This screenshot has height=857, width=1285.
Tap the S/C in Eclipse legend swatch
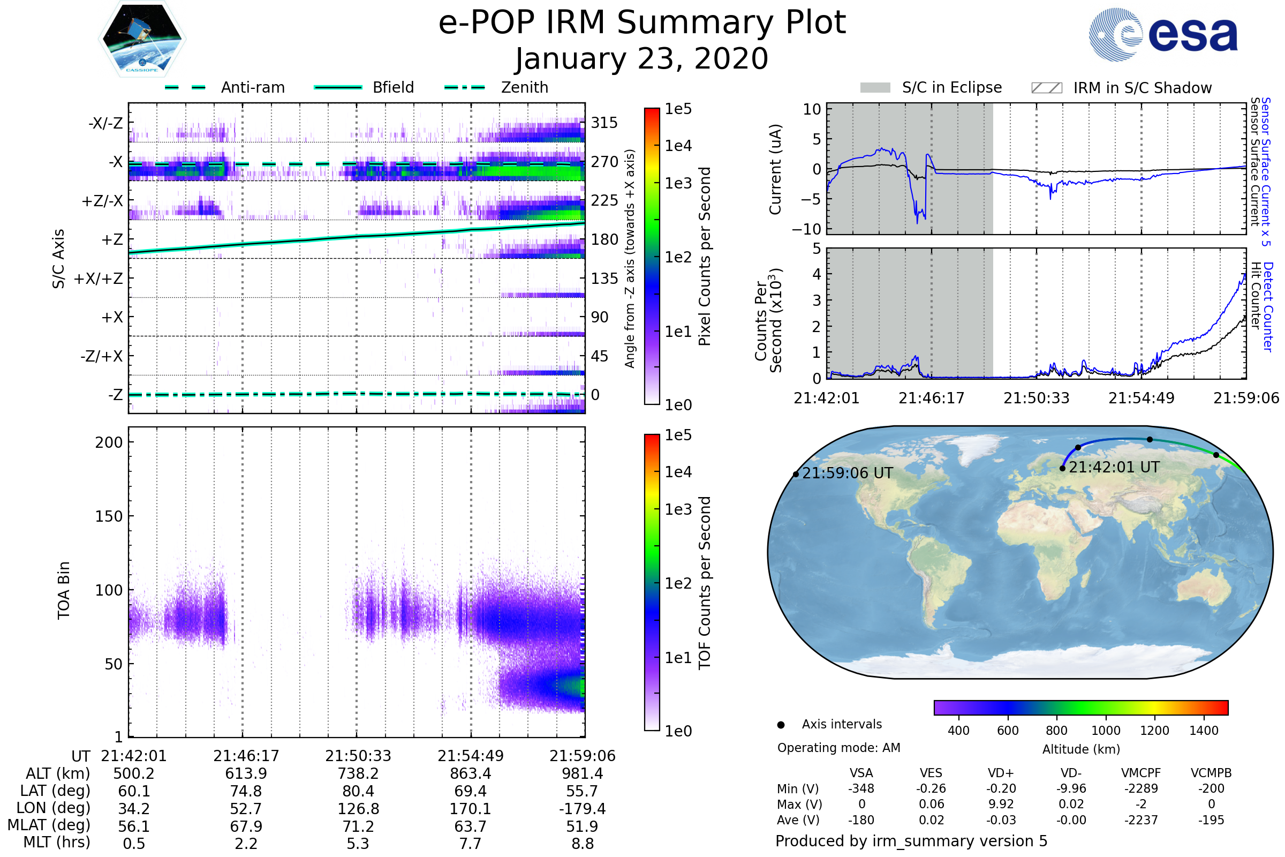click(875, 88)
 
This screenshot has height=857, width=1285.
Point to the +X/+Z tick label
click(99, 279)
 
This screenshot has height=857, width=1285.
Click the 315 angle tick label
click(604, 123)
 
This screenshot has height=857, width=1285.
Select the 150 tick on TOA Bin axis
click(109, 516)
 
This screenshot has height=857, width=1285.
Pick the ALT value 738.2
click(358, 774)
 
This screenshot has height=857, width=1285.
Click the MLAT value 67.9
click(246, 826)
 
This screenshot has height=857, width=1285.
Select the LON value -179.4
click(583, 809)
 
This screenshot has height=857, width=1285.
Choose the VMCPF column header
click(1141, 773)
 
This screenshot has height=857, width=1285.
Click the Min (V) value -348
click(861, 788)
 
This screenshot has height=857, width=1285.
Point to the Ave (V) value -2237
click(1141, 820)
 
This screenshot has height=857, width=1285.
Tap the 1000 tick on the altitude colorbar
click(1105, 731)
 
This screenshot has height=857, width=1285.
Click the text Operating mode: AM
click(838, 748)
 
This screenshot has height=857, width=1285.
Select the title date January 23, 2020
click(642, 59)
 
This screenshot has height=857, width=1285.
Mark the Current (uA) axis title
click(775, 169)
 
